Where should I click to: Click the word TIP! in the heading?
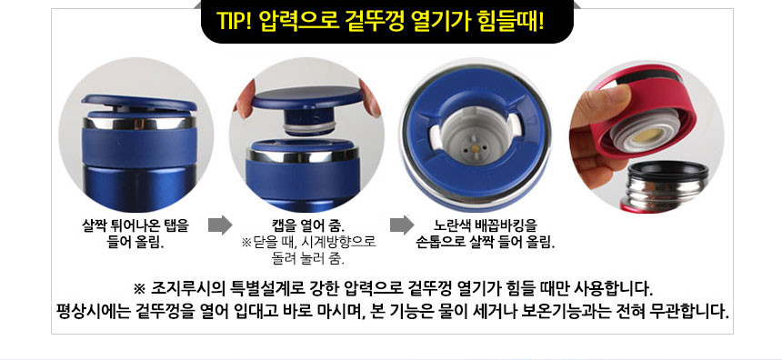[x=235, y=20]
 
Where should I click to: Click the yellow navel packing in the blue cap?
[x=476, y=148]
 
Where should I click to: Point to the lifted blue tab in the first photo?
[x=138, y=102]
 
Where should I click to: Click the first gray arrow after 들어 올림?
[x=220, y=225]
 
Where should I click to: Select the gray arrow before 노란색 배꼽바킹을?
[x=402, y=225]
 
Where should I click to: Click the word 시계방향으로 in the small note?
[x=345, y=243]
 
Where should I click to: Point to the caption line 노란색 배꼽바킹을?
[x=486, y=225]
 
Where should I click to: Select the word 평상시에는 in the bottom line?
[x=94, y=312]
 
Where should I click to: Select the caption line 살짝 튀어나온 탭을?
[x=135, y=225]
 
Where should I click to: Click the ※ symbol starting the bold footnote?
[x=139, y=289]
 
